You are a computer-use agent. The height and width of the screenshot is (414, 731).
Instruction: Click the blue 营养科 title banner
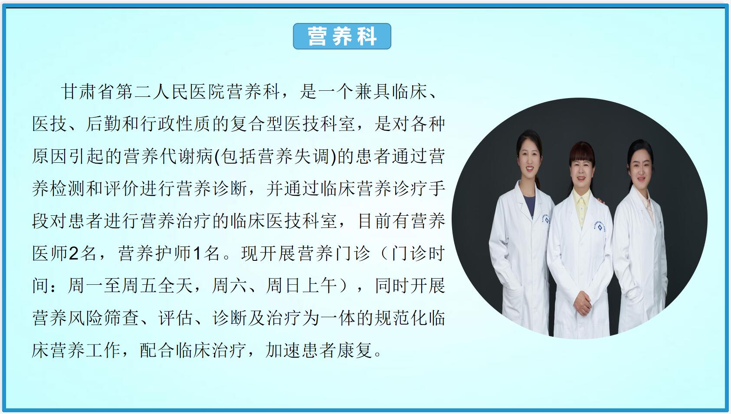point(342,36)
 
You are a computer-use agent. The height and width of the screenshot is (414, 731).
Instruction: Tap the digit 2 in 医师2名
point(73,254)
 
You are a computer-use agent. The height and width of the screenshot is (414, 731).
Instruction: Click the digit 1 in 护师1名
point(197,254)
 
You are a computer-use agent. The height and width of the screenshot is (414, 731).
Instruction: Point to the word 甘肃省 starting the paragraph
point(88,92)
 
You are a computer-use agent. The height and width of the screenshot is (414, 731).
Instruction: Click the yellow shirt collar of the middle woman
point(581,206)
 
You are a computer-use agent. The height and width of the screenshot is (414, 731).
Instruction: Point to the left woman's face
point(529,161)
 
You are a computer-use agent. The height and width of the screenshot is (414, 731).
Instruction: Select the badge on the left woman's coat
point(546,218)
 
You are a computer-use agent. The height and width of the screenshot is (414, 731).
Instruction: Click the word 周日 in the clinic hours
point(283,286)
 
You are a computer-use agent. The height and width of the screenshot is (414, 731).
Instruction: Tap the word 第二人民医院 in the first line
point(170,92)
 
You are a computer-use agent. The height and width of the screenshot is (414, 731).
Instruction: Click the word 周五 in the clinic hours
point(139,286)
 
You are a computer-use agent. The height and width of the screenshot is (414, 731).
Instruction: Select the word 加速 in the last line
point(283,350)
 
